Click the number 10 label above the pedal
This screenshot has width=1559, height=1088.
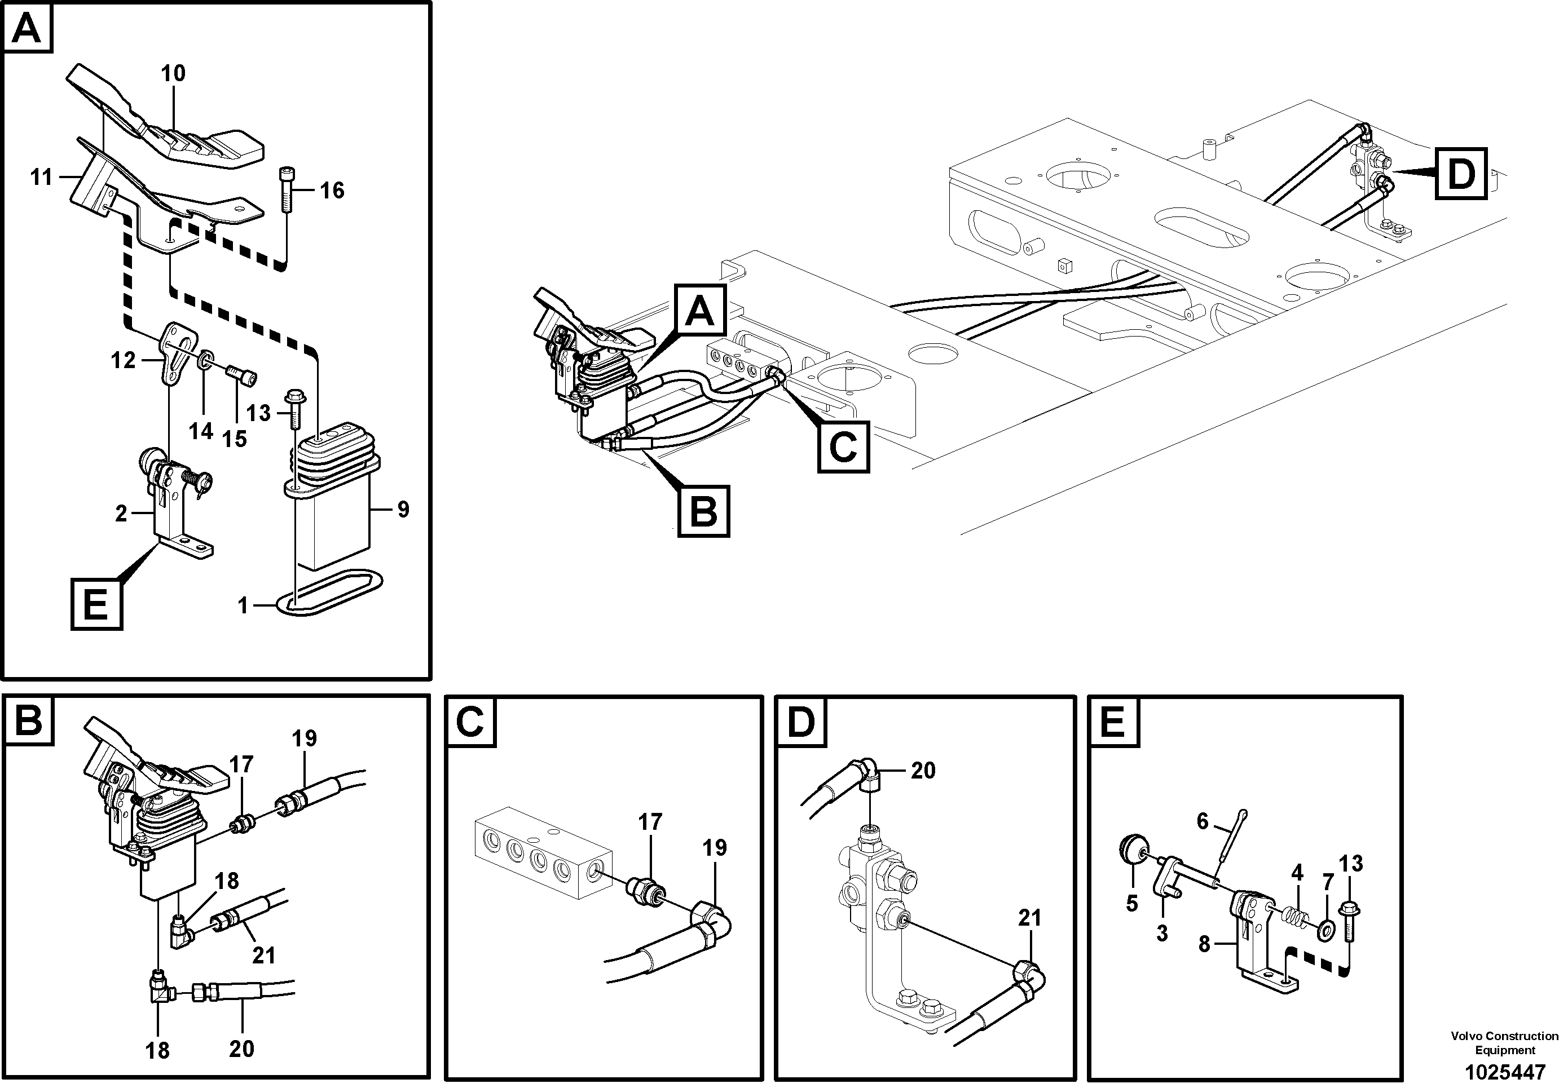(x=173, y=73)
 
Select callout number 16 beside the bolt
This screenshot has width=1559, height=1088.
(x=332, y=191)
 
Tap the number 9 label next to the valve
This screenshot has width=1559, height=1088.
(x=403, y=509)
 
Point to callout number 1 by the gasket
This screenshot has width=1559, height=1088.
(x=243, y=605)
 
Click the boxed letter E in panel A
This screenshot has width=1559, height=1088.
(x=96, y=603)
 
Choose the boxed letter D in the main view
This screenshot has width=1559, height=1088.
(x=1460, y=174)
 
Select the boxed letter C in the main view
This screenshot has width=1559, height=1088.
(x=843, y=446)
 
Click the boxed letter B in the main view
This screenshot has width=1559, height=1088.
(x=703, y=511)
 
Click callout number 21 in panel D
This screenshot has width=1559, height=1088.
(x=1029, y=918)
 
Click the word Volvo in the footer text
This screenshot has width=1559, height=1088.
(x=1466, y=1036)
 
